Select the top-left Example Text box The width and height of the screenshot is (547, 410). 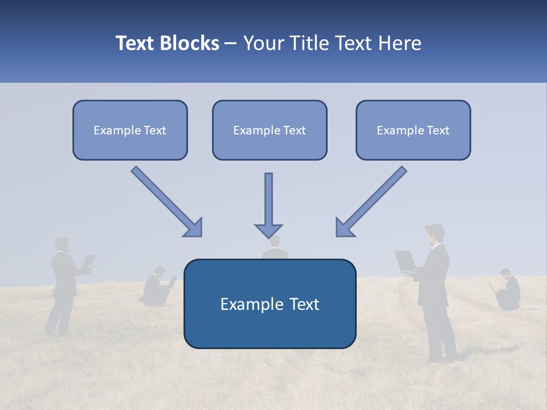tap(130, 130)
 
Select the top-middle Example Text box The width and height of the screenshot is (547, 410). tap(270, 130)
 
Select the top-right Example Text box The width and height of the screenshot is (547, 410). tap(413, 130)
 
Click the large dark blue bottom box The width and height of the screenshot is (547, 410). tap(270, 304)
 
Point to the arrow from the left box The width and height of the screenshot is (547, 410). tap(167, 202)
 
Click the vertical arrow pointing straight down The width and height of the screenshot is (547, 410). tap(268, 205)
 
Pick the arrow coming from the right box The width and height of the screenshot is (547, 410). tap(371, 202)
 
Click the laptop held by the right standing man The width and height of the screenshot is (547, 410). tap(406, 261)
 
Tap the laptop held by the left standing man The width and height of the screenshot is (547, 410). tap(88, 261)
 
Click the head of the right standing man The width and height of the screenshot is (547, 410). tap(435, 233)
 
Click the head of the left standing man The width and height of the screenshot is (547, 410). tap(62, 244)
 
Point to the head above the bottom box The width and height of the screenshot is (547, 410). tap(275, 243)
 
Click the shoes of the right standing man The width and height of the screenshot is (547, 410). tap(443, 359)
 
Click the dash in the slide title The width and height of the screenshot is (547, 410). tap(231, 44)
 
